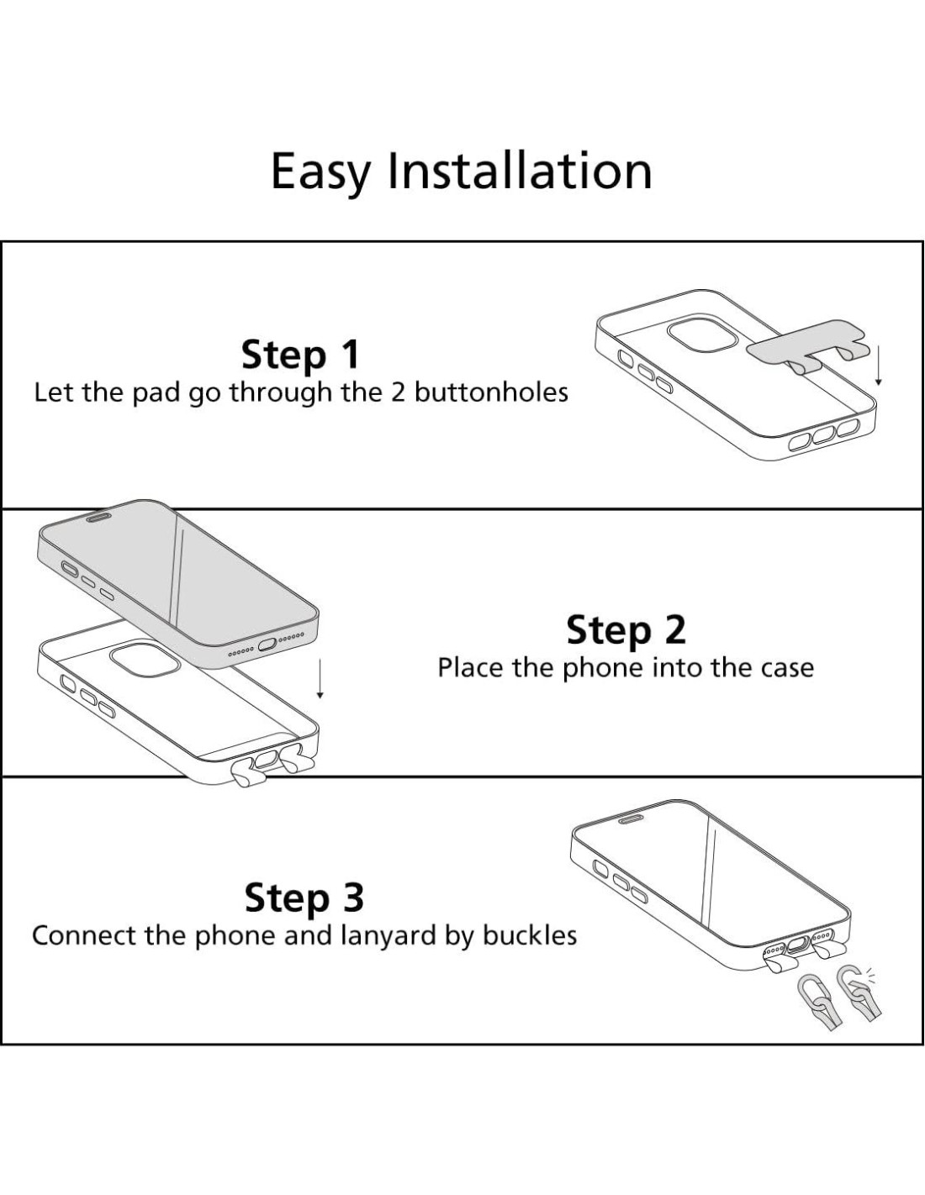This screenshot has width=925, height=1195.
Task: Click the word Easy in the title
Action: point(320,172)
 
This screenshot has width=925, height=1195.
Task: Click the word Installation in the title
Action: point(520,170)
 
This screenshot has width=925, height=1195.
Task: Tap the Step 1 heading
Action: point(300,355)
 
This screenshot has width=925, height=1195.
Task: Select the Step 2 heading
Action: point(626,630)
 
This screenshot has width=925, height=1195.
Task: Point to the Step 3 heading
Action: point(304,898)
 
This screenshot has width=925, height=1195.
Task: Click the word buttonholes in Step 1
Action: point(491,392)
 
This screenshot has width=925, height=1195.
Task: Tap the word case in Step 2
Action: point(787,668)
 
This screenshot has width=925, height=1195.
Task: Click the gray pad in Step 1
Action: point(803,348)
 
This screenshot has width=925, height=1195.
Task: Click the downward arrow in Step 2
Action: point(320,679)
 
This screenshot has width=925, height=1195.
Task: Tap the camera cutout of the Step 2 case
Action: point(145,660)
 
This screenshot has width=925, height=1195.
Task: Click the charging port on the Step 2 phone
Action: point(267,644)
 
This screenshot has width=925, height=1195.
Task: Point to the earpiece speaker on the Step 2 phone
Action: point(98,517)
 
